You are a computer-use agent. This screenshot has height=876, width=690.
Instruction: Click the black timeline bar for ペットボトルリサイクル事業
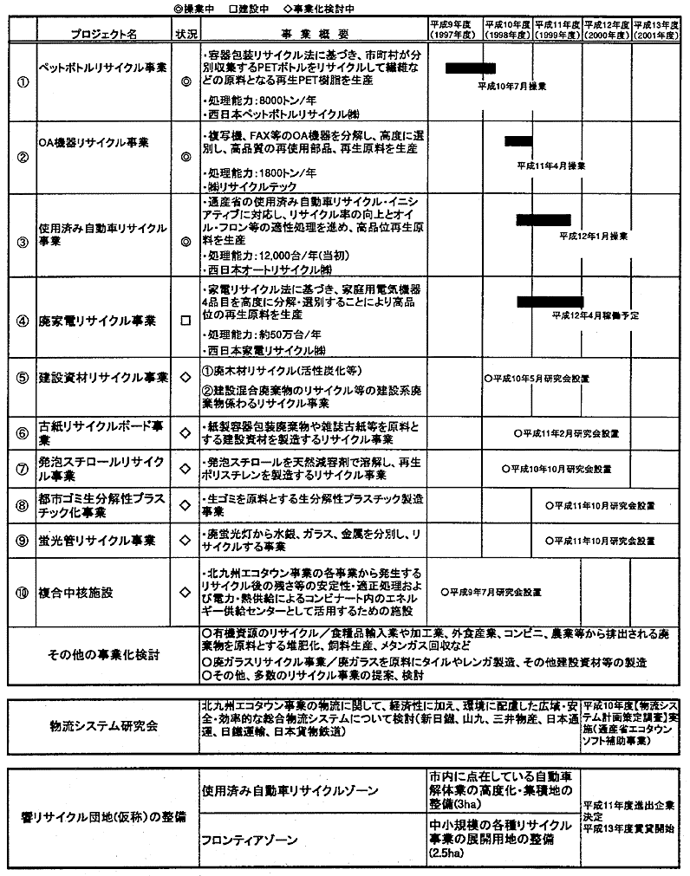(470, 68)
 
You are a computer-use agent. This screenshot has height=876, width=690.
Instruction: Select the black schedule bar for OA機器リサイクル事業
(518, 140)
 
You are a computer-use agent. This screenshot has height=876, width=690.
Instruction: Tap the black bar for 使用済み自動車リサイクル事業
(543, 219)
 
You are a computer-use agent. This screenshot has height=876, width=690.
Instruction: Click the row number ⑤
(23, 378)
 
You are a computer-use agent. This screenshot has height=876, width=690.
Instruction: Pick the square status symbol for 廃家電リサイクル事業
(184, 321)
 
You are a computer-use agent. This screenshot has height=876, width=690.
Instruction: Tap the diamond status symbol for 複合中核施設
(184, 593)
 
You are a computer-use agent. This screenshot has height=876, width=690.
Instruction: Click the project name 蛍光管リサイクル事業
(97, 541)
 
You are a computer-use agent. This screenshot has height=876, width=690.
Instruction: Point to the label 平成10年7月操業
(512, 87)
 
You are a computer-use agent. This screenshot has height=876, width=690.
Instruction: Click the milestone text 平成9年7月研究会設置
(491, 593)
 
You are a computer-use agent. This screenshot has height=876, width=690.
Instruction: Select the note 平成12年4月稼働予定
(595, 315)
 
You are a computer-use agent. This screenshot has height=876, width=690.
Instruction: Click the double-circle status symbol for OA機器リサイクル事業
(184, 158)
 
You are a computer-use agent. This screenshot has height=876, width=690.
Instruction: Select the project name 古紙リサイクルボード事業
(101, 432)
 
